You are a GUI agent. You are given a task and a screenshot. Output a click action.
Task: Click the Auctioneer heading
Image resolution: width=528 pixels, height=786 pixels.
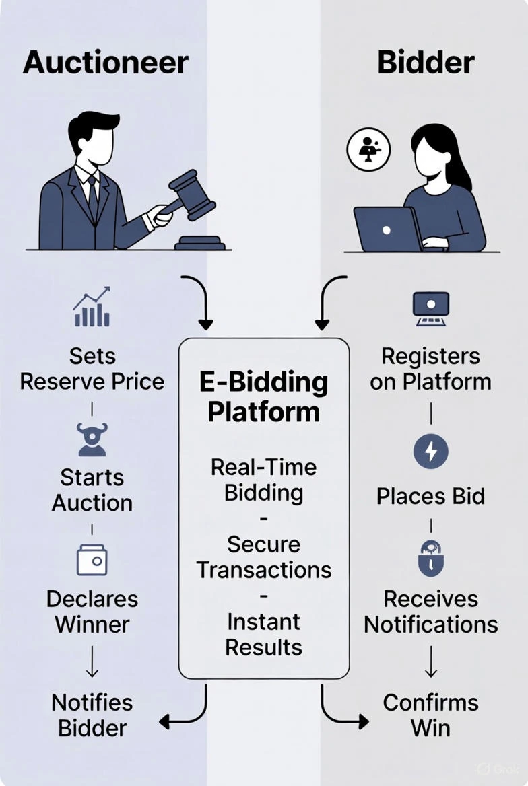[105, 63]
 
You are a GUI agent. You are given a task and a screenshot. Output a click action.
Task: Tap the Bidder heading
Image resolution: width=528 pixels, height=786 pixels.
[426, 63]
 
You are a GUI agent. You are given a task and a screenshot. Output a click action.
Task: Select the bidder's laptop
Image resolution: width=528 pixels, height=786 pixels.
[387, 229]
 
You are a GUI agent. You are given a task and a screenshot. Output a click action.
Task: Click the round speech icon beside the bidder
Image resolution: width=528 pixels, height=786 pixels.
[369, 149]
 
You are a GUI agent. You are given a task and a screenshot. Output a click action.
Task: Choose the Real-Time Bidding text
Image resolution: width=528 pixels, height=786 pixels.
[263, 479]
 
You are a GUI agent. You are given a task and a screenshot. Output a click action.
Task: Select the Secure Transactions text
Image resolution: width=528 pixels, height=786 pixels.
[263, 557]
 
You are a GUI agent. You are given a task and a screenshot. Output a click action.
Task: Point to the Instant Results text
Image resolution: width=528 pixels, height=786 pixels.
[263, 634]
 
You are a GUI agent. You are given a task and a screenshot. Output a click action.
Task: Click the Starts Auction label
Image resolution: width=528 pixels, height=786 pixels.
[92, 490]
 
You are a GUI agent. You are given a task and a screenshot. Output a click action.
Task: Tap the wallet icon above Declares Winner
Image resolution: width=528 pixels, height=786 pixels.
[92, 560]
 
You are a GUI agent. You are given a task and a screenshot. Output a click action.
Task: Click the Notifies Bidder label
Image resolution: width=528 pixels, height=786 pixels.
[92, 715]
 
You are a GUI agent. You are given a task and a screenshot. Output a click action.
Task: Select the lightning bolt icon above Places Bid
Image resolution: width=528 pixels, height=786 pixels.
[430, 452]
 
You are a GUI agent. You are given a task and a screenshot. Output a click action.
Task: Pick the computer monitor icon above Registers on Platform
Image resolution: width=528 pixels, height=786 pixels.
[430, 309]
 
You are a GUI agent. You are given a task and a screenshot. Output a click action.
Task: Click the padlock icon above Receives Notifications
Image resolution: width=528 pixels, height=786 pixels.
[430, 558]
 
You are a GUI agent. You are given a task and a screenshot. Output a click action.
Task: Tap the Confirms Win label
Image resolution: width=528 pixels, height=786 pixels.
[430, 715]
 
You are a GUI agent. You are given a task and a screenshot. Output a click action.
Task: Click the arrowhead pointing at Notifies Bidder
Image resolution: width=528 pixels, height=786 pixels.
[164, 723]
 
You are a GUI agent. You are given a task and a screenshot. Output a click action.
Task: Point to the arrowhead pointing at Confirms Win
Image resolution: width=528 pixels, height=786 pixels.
[364, 723]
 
